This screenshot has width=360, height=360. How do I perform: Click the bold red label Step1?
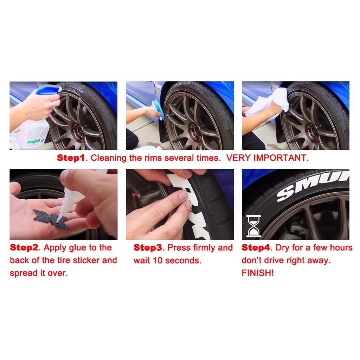pos(71,158)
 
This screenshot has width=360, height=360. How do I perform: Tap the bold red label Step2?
pos(24,247)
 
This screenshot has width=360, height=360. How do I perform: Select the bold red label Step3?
pos(148,247)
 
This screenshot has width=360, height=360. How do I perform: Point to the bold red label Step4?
pos(256,247)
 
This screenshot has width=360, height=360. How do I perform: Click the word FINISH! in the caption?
pos(258,273)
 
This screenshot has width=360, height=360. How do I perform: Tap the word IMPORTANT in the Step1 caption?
pos(279,158)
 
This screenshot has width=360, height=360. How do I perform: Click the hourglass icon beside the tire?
pos(253,226)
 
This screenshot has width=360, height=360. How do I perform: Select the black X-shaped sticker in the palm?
pos(52,219)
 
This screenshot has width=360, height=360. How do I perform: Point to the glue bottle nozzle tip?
pos(57,221)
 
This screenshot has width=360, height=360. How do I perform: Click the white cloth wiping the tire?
pos(269,103)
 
